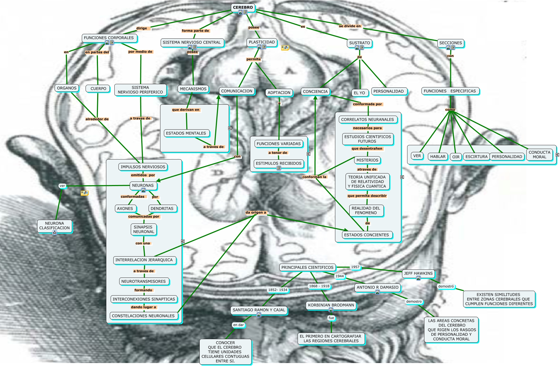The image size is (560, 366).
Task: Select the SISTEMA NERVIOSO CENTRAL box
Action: pyautogui.click(x=192, y=42)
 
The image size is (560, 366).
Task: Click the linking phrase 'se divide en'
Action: pyautogui.click(x=350, y=26)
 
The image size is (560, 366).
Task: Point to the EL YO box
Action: pyautogui.click(x=359, y=93)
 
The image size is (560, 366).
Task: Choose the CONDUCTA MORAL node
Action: pyautogui.click(x=539, y=155)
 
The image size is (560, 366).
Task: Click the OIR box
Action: pyautogui.click(x=456, y=157)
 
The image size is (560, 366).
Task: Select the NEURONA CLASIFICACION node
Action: pyautogui.click(x=54, y=226)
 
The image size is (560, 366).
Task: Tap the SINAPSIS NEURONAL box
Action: pyautogui.click(x=144, y=229)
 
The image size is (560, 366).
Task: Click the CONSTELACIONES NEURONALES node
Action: pyautogui.click(x=143, y=316)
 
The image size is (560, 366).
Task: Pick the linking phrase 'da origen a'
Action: pyautogui.click(x=256, y=212)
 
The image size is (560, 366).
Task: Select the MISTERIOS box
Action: pyautogui.click(x=367, y=160)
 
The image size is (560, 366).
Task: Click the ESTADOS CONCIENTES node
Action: pyautogui.click(x=367, y=235)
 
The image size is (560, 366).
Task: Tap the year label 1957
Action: pyautogui.click(x=355, y=267)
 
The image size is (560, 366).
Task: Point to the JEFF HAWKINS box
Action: pyautogui.click(x=418, y=273)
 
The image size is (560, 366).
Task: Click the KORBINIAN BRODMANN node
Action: pyautogui.click(x=331, y=305)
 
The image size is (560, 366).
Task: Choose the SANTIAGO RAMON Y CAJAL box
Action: pyautogui.click(x=259, y=310)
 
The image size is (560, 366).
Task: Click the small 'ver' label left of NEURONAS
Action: pyautogui.click(x=62, y=186)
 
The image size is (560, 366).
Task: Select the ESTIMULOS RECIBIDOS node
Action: pyautogui.click(x=279, y=164)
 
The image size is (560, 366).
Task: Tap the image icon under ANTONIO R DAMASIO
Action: pyautogui.click(x=378, y=292)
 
